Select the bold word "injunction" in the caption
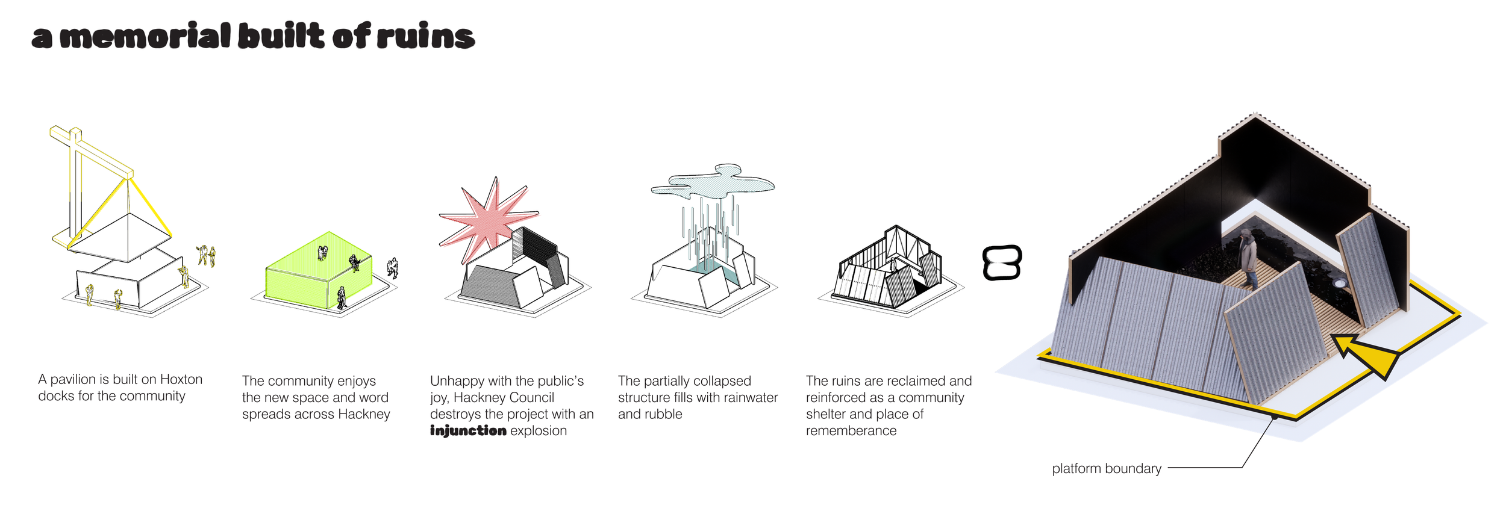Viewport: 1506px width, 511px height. tap(468, 431)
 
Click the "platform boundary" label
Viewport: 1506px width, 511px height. tap(1106, 468)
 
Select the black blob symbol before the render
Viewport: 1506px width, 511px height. tap(1002, 263)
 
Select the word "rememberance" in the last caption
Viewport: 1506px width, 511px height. tap(851, 431)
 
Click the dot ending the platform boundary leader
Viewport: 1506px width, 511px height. tap(1274, 417)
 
